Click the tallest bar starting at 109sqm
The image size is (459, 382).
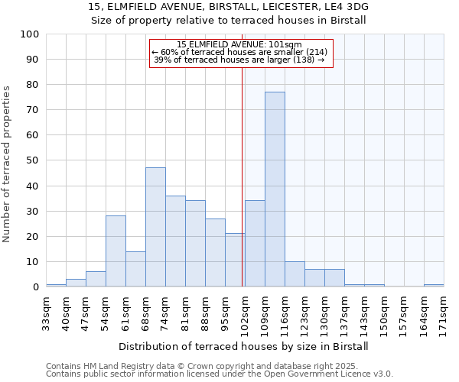click(275, 189)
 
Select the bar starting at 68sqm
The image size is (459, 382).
click(155, 227)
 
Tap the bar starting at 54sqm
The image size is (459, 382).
click(116, 251)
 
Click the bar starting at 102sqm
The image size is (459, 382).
click(255, 244)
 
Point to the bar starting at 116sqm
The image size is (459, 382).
click(295, 274)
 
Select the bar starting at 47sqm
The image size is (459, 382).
click(96, 280)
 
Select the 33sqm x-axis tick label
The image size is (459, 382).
click(46, 312)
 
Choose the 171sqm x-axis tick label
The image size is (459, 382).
click(444, 312)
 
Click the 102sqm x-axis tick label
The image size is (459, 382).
click(245, 312)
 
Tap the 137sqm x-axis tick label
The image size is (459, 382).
click(344, 312)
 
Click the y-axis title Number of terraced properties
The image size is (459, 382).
click(7, 164)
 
